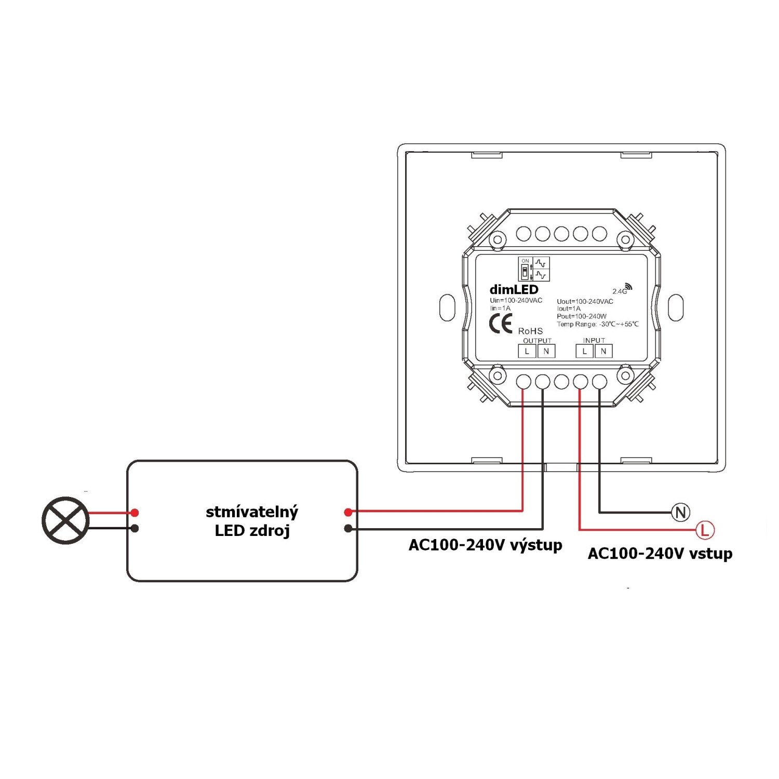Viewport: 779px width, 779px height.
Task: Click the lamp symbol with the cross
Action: [x=65, y=520]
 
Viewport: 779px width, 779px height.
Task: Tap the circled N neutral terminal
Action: [x=680, y=513]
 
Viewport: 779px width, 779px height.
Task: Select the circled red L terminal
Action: [x=705, y=530]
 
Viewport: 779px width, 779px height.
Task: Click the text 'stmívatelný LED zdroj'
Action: [x=252, y=521]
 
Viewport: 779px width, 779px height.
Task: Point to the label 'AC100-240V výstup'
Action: [x=485, y=545]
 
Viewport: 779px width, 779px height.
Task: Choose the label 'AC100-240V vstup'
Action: [x=660, y=554]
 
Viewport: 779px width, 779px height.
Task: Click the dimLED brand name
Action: [x=514, y=290]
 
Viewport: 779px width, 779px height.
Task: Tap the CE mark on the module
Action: [x=501, y=324]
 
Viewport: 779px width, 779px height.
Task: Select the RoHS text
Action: [x=530, y=331]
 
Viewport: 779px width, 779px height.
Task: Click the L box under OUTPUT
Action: [x=527, y=351]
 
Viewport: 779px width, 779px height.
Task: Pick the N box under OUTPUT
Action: [x=546, y=351]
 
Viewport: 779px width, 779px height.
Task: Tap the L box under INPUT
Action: [x=584, y=351]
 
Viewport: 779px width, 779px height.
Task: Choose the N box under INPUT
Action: [x=603, y=351]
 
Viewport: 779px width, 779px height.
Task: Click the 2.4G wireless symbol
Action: [x=622, y=289]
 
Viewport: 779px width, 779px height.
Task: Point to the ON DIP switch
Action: [x=525, y=269]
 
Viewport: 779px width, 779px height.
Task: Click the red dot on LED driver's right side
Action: [x=348, y=513]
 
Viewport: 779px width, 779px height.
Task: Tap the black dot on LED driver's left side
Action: [x=135, y=528]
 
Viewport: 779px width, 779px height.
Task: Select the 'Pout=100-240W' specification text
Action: [x=582, y=316]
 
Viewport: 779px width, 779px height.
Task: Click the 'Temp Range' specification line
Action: [x=598, y=324]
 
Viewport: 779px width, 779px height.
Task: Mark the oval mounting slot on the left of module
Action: [x=447, y=307]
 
